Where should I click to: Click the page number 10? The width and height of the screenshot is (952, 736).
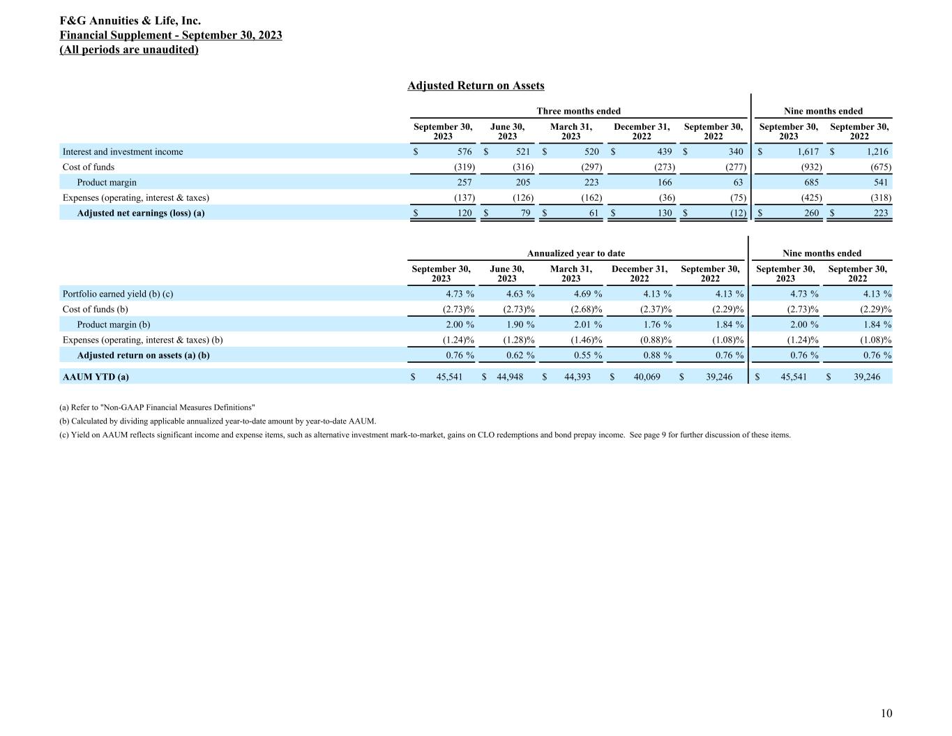pos(886,713)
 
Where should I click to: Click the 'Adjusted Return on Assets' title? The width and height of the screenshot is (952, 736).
pos(476,86)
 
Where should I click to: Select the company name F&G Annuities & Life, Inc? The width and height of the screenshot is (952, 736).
pos(130,21)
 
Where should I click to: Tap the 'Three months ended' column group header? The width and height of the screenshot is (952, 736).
pos(578,111)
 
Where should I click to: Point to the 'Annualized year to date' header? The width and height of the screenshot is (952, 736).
pos(576,253)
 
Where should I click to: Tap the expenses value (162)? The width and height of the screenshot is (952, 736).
pos(591,198)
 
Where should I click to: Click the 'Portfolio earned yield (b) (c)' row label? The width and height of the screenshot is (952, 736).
pos(118,294)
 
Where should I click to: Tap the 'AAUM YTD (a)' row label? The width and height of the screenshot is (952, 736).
pos(96,377)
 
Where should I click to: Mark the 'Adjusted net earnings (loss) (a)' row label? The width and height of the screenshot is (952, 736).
pos(141,213)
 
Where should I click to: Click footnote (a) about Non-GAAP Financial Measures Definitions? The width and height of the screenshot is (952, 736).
pos(158,407)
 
